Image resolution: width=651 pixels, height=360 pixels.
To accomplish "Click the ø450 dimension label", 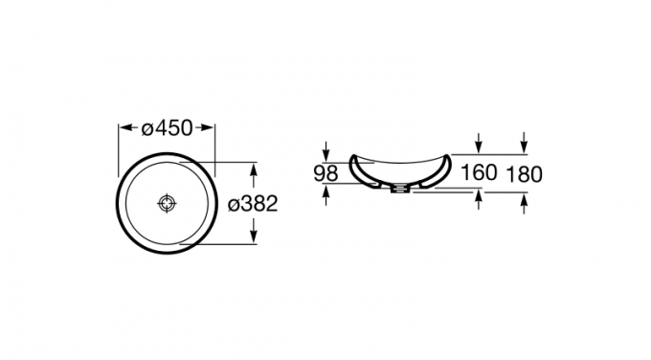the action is [167, 128].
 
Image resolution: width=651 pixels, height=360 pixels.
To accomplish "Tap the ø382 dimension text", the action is [253, 204].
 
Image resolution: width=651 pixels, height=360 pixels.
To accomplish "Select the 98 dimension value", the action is [325, 173].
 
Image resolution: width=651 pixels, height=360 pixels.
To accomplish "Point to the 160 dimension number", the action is [479, 172].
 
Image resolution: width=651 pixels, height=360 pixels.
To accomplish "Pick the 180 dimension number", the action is [524, 174].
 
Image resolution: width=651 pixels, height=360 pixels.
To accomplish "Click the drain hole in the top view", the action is [167, 203].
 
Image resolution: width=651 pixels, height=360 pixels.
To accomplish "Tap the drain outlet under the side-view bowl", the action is [400, 189].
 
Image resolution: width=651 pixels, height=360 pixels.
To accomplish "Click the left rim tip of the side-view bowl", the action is [353, 157].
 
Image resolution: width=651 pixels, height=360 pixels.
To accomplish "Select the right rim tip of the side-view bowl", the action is [447, 157].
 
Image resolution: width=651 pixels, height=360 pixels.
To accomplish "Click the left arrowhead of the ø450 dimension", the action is [125, 127].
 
